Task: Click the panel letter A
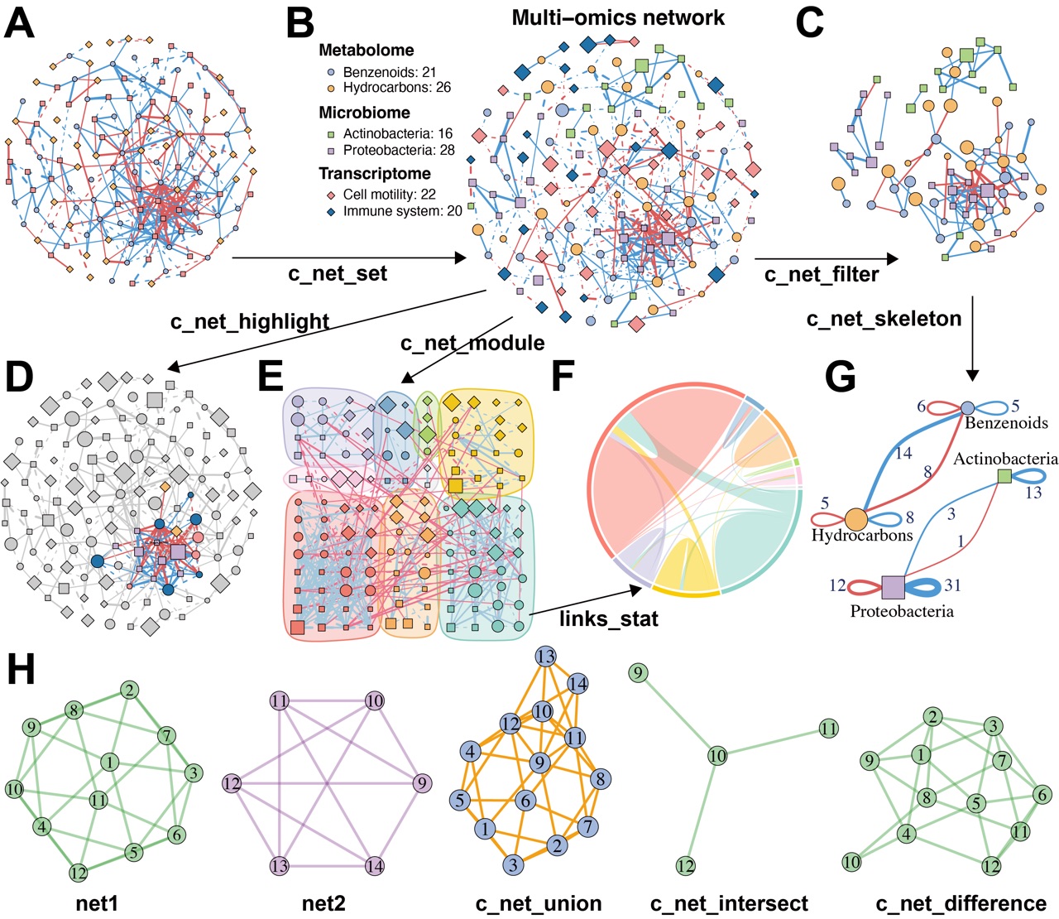tap(20, 23)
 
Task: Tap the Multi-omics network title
tap(618, 17)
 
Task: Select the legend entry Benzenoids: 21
tap(389, 73)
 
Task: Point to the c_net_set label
tap(338, 273)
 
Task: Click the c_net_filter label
tap(822, 274)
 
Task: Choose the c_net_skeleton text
tap(884, 318)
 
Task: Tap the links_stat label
tap(609, 618)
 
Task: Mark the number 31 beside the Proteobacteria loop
tap(952, 585)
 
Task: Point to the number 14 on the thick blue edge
tap(903, 453)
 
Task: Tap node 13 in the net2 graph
tap(279, 866)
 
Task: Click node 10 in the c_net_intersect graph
tap(717, 755)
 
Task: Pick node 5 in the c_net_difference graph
tap(976, 803)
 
